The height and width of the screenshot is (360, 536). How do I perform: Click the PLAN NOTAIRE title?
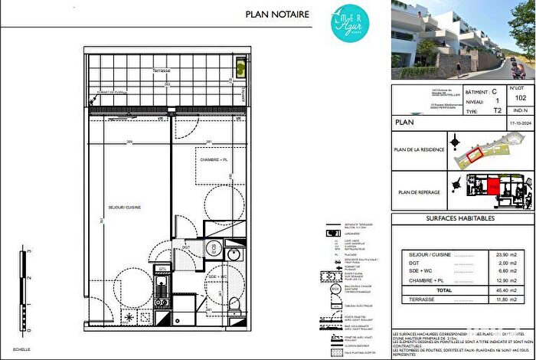pyautogui.click(x=277, y=14)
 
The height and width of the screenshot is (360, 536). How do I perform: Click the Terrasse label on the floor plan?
pyautogui.click(x=161, y=70)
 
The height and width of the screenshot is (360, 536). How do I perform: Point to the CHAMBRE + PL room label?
pyautogui.click(x=214, y=159)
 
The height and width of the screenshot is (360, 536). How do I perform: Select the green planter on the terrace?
pyautogui.click(x=239, y=67)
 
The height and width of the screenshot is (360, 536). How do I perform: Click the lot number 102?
pyautogui.click(x=521, y=98)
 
